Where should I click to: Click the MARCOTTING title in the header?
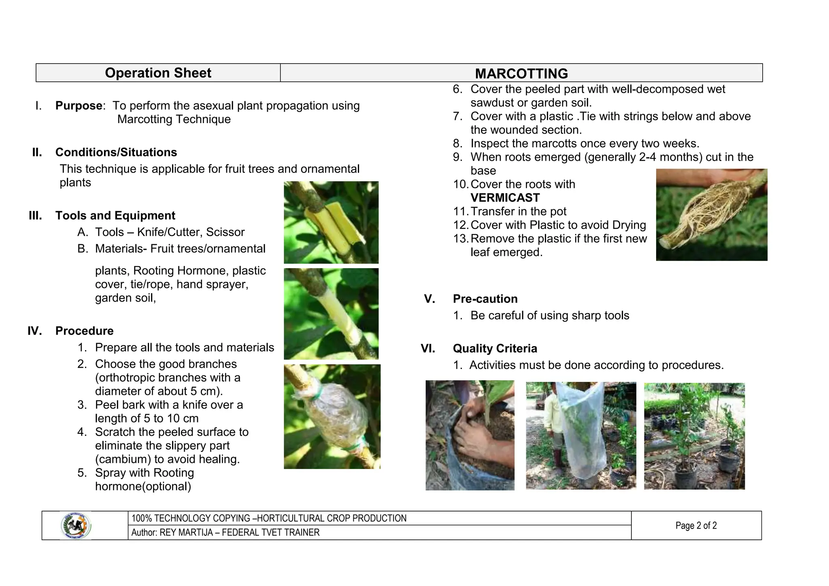pos(521,74)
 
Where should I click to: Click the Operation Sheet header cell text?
pos(158,73)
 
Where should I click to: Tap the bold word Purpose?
pos(79,106)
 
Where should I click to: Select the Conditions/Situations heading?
pos(116,152)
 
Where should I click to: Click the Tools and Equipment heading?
pos(115,215)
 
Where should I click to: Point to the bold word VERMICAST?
pos(505,198)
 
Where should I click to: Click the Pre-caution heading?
pos(485,299)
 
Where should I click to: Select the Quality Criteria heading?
pos(495,349)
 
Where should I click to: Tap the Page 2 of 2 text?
pos(696,526)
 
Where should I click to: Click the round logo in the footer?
pos(76,526)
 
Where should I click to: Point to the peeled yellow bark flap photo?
pos(331,222)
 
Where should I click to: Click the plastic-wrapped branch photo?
pos(332,417)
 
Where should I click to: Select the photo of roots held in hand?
pos(711,215)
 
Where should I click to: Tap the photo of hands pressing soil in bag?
pos(470,435)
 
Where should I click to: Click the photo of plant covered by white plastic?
pos(580,435)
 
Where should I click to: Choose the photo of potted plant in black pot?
pos(694,436)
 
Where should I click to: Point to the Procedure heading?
pos(84,331)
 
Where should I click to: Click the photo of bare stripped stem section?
pos(331,314)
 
